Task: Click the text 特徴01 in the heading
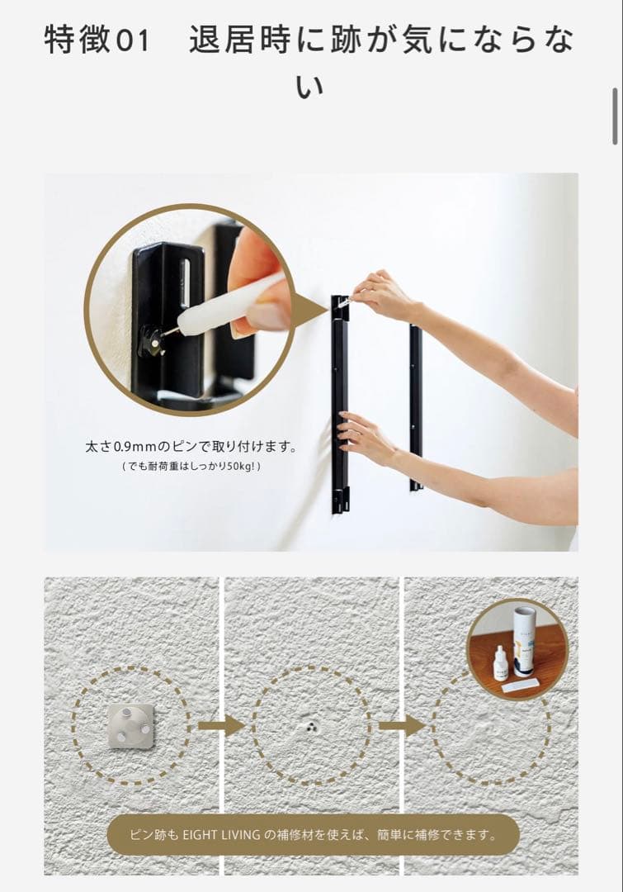(x=97, y=40)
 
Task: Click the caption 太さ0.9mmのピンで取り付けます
(x=191, y=447)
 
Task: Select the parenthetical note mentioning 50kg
(x=191, y=467)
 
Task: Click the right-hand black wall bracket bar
(x=416, y=405)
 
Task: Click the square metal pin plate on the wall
(x=130, y=725)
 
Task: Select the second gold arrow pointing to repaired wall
(x=402, y=726)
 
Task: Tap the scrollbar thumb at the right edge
(x=615, y=116)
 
